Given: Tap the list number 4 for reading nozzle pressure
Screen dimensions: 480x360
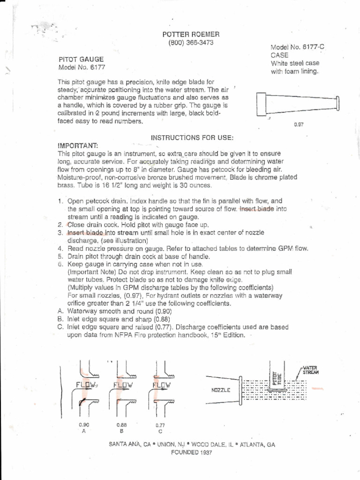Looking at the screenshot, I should pyautogui.click(x=60, y=248).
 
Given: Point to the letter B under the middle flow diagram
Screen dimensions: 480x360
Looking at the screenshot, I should pyautogui.click(x=122, y=431).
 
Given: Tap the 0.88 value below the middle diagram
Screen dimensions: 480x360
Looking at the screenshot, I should pyautogui.click(x=122, y=424).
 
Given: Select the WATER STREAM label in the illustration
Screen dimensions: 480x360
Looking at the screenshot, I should pyautogui.click(x=310, y=370).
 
